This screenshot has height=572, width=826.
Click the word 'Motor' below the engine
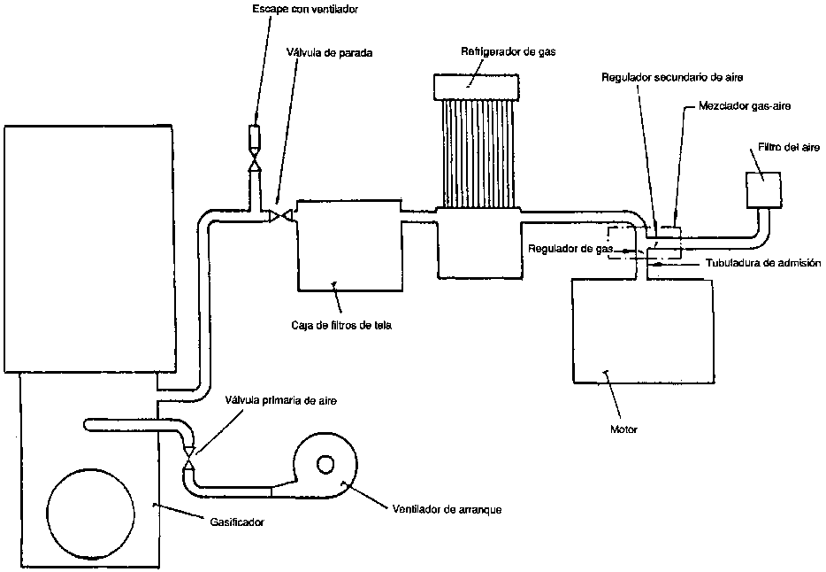point(623,429)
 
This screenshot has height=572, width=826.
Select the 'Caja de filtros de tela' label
point(340,324)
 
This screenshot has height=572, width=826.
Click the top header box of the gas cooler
point(475,86)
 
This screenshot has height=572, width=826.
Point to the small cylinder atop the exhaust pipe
point(255,137)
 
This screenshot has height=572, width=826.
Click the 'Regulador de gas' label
point(570,249)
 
